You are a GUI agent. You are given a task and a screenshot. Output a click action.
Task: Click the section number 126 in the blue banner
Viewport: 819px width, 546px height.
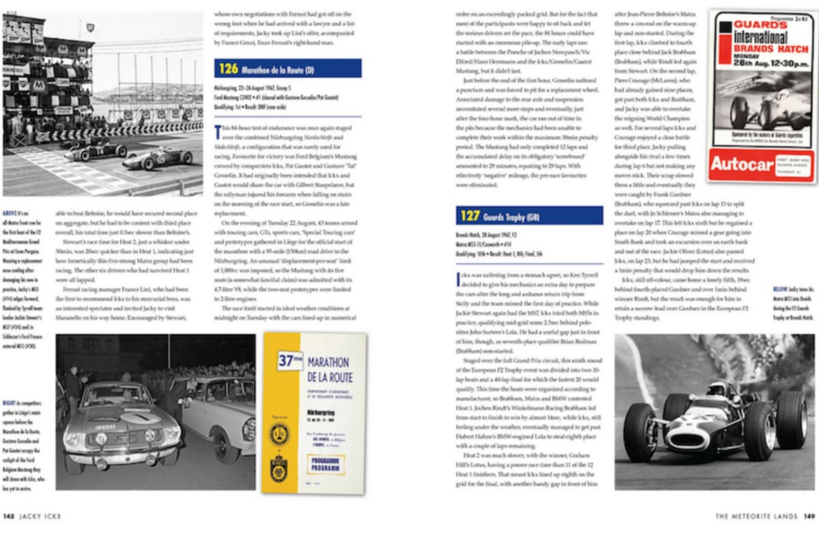229,68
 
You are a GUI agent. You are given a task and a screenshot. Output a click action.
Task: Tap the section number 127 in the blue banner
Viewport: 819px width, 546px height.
470,216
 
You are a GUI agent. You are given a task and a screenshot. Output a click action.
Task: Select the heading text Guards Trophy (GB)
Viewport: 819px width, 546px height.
514,217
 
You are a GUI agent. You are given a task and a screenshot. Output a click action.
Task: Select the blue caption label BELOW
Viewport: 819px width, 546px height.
782,289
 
